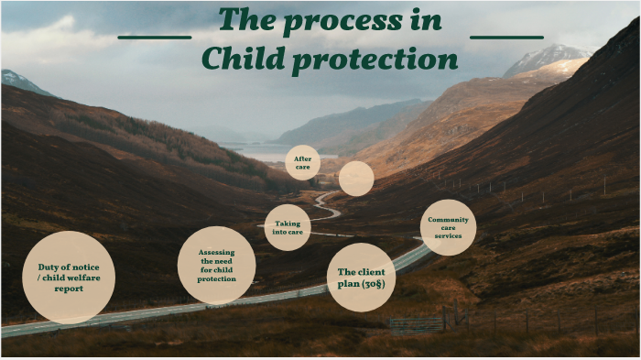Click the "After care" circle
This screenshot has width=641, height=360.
pos(302,163)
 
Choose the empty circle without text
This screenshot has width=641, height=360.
pos(356,179)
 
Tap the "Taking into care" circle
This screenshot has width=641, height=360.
pos(288,227)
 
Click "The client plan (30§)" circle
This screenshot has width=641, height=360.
pos(361,278)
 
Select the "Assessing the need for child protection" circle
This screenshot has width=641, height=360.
pos(216,265)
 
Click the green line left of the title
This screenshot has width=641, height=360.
pos(155,38)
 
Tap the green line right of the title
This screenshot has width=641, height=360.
pos(506,38)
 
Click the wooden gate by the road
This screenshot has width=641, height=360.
pos(416,324)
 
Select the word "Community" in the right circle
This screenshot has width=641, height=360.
pos(448,220)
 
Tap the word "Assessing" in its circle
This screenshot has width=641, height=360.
pos(217,251)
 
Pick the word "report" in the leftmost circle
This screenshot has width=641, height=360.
pos(68,289)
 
